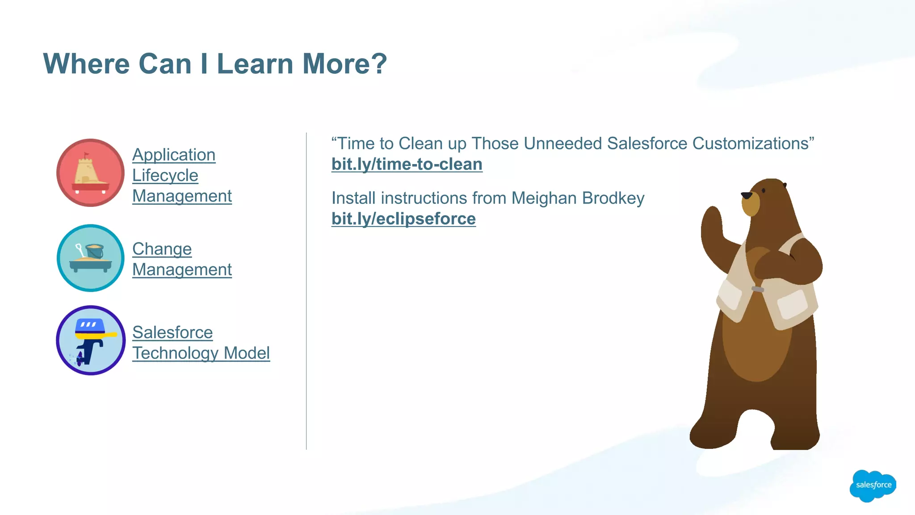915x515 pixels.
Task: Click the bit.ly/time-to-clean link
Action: pyautogui.click(x=407, y=164)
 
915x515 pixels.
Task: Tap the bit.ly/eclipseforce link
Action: pyautogui.click(x=403, y=219)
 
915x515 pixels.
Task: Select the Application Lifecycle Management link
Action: pyautogui.click(x=182, y=175)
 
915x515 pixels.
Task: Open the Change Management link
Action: pyautogui.click(x=182, y=259)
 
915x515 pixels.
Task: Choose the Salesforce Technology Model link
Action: pyautogui.click(x=201, y=342)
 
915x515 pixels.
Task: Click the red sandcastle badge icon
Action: pyautogui.click(x=91, y=173)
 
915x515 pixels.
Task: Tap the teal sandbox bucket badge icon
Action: pyautogui.click(x=91, y=258)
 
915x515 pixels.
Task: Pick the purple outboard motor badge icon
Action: pyautogui.click(x=91, y=340)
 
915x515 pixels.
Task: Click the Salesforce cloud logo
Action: pyautogui.click(x=873, y=485)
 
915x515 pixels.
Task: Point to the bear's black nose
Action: pyautogui.click(x=746, y=195)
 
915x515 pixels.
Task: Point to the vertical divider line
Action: pyautogui.click(x=306, y=291)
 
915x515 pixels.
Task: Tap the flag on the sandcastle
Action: pyautogui.click(x=86, y=155)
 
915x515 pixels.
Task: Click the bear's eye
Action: pyautogui.click(x=764, y=190)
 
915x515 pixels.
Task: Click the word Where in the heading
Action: pyautogui.click(x=86, y=63)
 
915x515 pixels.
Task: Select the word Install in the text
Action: pyautogui.click(x=353, y=198)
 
